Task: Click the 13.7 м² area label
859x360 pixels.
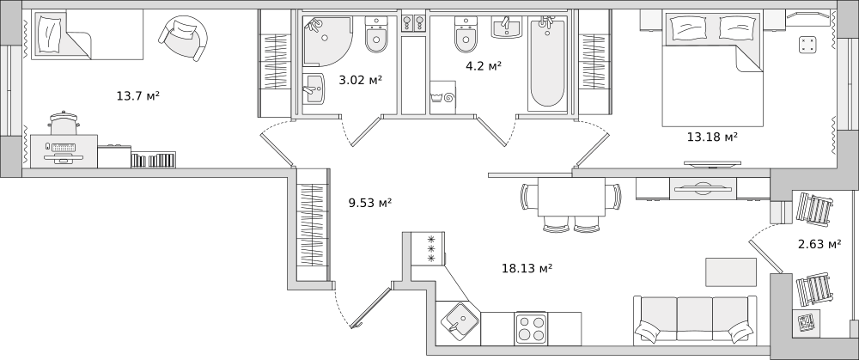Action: click(x=137, y=96)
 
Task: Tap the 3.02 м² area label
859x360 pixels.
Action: click(x=361, y=80)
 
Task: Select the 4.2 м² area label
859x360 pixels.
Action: click(x=484, y=66)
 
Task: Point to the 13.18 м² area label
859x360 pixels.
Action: click(x=712, y=137)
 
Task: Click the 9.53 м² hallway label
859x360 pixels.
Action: click(x=369, y=204)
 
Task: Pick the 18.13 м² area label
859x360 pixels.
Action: click(x=527, y=268)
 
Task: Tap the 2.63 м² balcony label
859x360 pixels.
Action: click(x=819, y=244)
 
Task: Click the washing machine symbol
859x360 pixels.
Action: click(x=442, y=98)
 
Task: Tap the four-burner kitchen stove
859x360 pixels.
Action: click(x=531, y=328)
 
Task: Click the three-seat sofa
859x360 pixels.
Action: click(x=695, y=320)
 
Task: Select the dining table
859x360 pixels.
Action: click(x=571, y=197)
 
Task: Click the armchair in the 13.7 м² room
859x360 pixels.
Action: click(x=183, y=37)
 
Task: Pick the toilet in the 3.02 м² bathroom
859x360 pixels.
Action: click(x=376, y=34)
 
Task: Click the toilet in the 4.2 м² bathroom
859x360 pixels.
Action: click(x=466, y=34)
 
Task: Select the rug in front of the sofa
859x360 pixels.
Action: click(x=731, y=272)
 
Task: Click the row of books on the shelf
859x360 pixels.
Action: click(x=154, y=160)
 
